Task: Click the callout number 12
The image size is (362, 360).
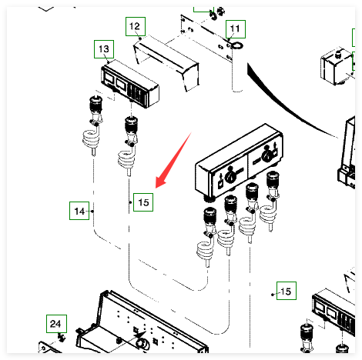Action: [136, 26]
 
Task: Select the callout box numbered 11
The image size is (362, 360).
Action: [236, 29]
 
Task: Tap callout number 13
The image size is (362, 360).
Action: [104, 49]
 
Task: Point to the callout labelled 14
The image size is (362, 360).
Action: [79, 211]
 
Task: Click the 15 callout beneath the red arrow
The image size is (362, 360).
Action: [143, 202]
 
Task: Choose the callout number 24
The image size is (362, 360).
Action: [56, 324]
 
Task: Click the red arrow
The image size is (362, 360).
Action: [173, 160]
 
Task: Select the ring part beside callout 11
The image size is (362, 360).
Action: [236, 45]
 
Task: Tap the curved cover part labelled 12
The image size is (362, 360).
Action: [166, 63]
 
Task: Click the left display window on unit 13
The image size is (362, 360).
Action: [108, 78]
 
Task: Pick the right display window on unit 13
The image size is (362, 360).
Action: [120, 84]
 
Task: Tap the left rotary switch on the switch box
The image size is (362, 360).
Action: [230, 176]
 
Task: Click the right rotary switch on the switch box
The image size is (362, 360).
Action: [266, 155]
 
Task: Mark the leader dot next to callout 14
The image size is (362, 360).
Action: [92, 212]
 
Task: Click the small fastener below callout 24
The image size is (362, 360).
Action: [61, 337]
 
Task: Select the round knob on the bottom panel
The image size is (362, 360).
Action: [142, 343]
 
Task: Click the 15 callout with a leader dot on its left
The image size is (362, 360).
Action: [287, 291]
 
